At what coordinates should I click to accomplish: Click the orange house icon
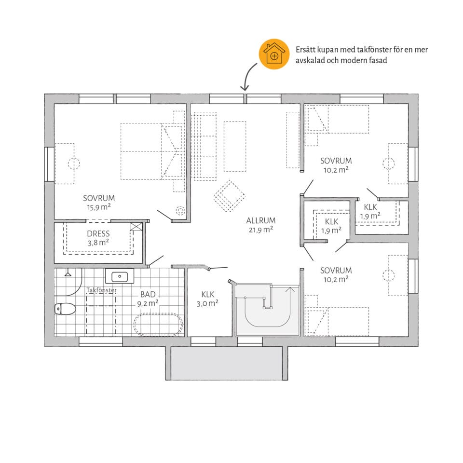[x=274, y=54]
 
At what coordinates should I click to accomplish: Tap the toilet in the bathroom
[x=65, y=309]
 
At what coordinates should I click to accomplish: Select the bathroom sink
[x=120, y=276]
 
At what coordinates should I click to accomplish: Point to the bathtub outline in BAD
[x=159, y=325]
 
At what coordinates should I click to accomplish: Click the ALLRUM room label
[x=261, y=220]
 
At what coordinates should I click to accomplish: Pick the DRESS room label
[x=98, y=234]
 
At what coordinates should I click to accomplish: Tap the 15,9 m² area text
[x=98, y=207]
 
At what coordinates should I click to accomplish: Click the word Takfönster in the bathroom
[x=102, y=290]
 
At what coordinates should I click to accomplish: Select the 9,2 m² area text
[x=148, y=303]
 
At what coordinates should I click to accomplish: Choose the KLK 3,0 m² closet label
[x=207, y=299]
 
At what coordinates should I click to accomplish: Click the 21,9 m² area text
[x=261, y=230]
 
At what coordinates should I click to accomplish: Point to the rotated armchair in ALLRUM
[x=230, y=196]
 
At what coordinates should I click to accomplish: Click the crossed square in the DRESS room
[x=136, y=227]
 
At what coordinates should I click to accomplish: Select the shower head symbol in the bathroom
[x=68, y=273]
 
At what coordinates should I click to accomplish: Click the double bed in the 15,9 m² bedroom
[x=151, y=151]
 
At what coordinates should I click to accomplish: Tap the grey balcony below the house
[x=227, y=363]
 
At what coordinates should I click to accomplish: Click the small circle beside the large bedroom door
[x=180, y=211]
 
